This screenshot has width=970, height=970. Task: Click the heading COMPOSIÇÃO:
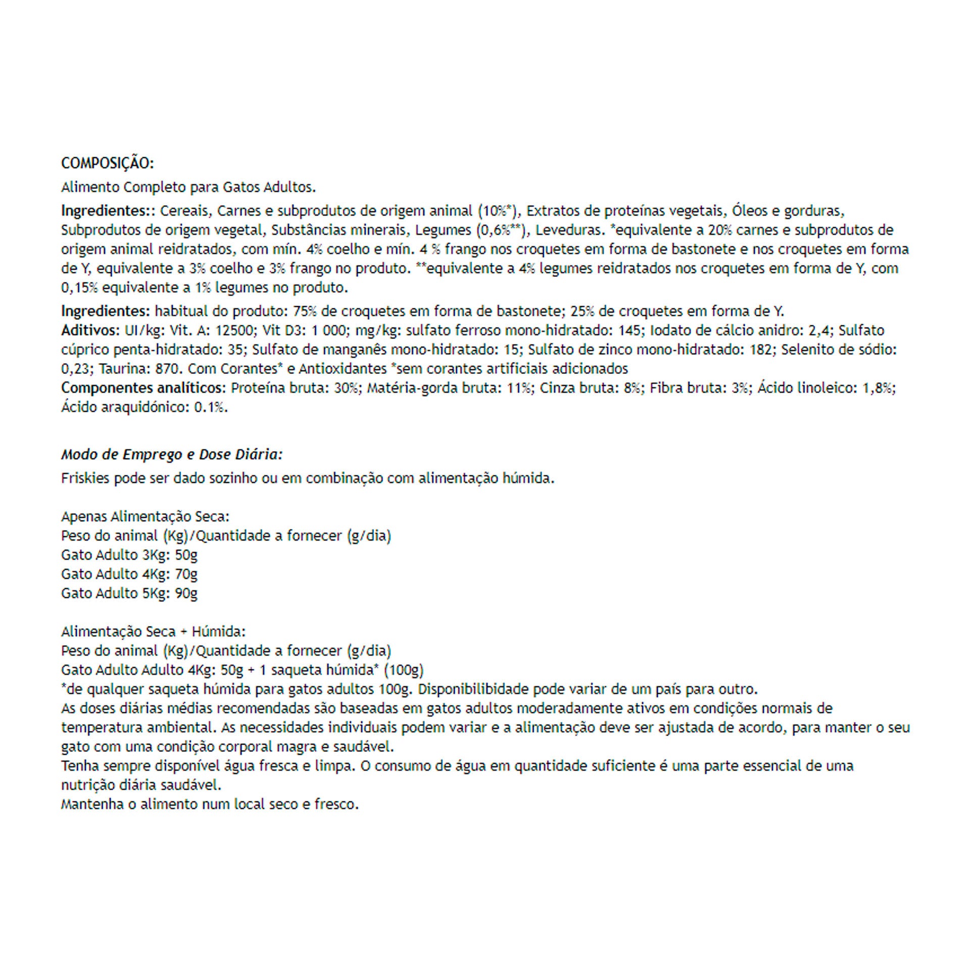107,163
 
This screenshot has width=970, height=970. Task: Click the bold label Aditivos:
89,330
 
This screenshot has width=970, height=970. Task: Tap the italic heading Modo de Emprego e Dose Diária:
172,455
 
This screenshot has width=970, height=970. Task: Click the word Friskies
85,478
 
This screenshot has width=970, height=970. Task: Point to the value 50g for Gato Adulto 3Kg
186,555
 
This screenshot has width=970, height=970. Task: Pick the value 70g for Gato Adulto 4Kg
186,574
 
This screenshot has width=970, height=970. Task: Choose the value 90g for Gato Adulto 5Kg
186,593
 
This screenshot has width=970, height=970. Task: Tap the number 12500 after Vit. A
234,330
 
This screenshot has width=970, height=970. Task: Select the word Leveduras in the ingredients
570,230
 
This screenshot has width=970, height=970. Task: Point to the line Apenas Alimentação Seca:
145,516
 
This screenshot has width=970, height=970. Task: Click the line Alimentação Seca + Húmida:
153,632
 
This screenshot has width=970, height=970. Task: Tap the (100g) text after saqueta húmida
403,670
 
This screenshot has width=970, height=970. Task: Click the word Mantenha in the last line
92,804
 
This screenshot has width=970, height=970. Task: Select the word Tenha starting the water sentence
80,766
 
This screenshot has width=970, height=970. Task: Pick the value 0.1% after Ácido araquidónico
211,407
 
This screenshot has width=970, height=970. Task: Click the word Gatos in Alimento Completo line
241,187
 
